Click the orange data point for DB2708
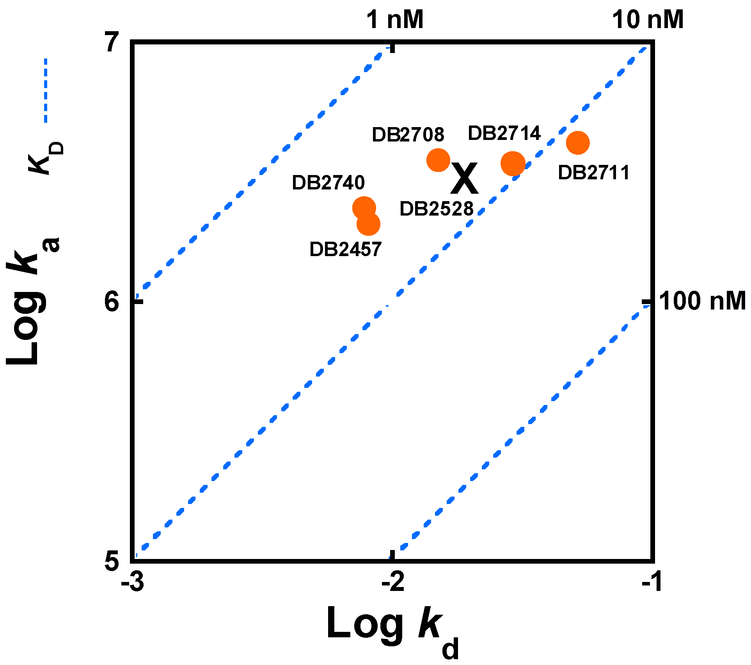pos(438,160)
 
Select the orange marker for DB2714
pos(513,164)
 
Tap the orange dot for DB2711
pos(577,143)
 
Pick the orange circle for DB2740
pos(364,208)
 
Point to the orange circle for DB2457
pos(368,224)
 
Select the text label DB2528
pos(437,209)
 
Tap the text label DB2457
pos(345,249)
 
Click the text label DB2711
pos(594,173)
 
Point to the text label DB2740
pos(328,182)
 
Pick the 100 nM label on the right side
pos(702,301)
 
